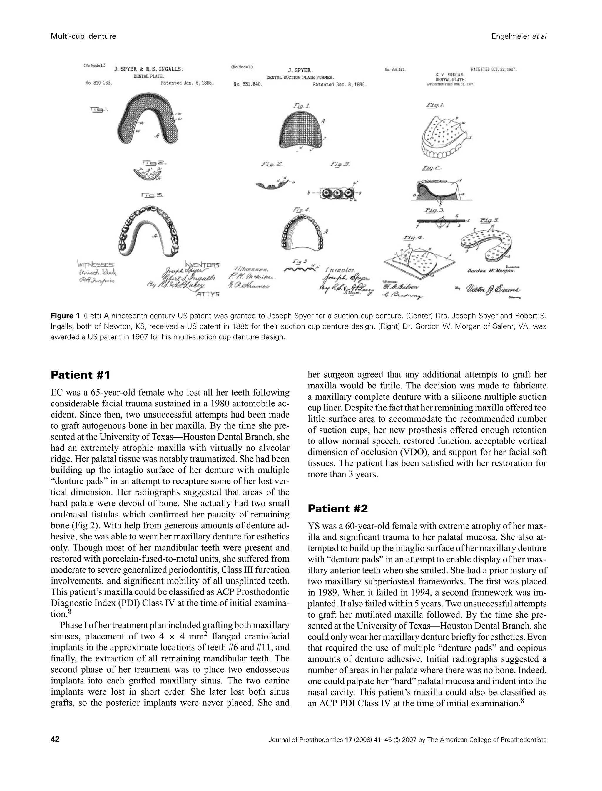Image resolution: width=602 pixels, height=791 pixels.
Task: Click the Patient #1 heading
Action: tap(80, 375)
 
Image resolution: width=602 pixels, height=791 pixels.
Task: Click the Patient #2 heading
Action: tap(337, 508)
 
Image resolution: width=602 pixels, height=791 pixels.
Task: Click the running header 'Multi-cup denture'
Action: tap(83, 36)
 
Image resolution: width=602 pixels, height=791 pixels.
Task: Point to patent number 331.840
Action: tap(248, 85)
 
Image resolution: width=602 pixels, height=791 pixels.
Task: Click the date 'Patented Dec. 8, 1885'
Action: tap(339, 85)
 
